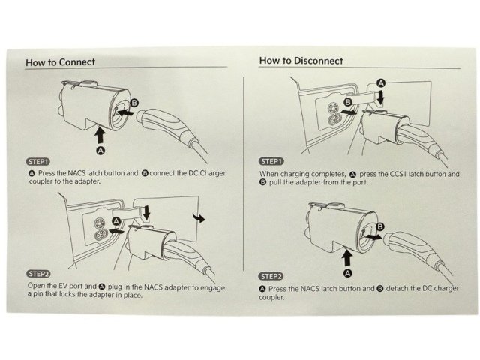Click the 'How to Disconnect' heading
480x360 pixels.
(301, 61)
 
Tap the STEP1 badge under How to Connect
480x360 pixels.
(38, 161)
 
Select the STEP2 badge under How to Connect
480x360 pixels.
(38, 274)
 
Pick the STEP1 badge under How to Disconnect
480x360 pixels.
(271, 161)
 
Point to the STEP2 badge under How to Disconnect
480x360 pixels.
(271, 277)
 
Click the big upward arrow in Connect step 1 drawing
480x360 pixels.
(99, 136)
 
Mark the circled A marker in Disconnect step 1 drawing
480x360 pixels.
(380, 82)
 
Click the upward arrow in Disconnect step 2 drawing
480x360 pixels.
(347, 259)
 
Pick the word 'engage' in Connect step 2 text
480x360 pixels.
(209, 286)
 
